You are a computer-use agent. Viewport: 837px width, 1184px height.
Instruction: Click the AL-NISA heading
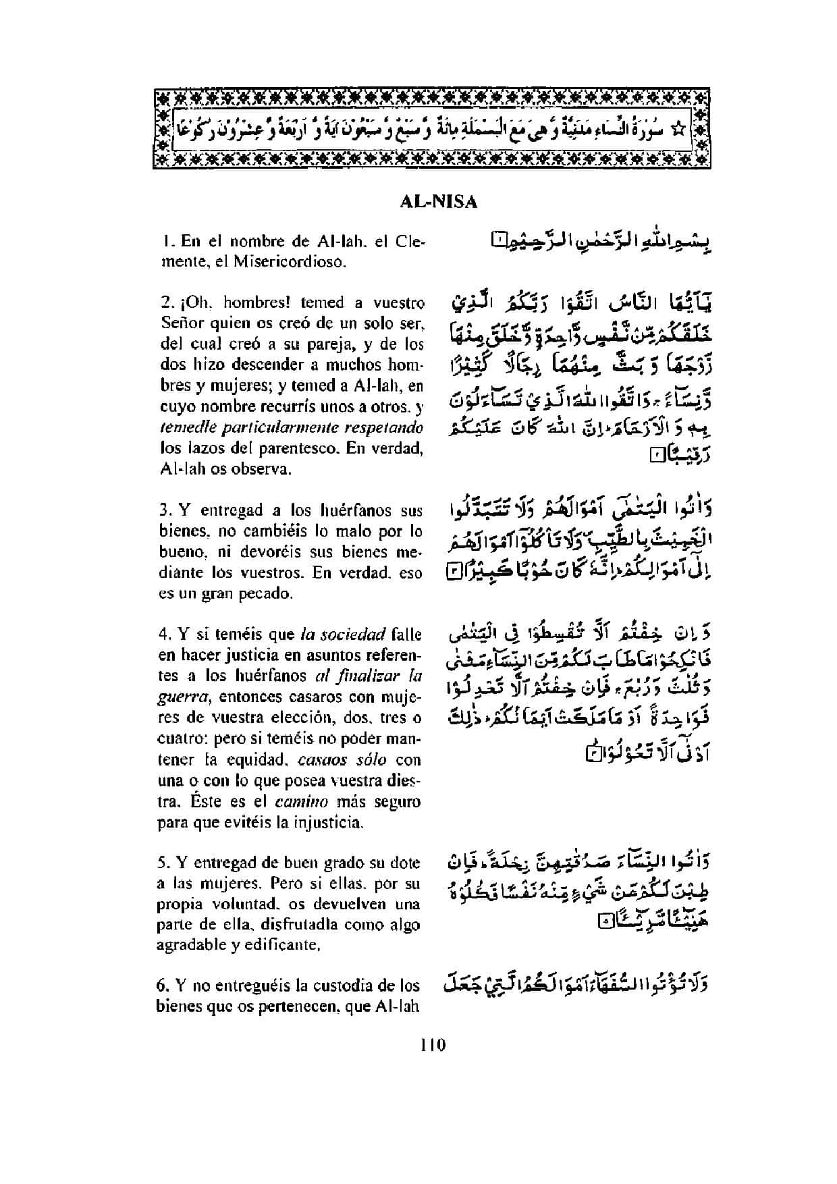438,202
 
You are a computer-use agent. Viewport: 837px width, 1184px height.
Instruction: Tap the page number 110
433,1046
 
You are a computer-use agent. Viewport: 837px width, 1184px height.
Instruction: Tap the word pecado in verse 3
269,594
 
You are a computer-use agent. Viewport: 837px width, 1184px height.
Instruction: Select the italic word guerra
178,697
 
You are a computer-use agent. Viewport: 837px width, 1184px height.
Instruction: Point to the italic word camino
301,802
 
